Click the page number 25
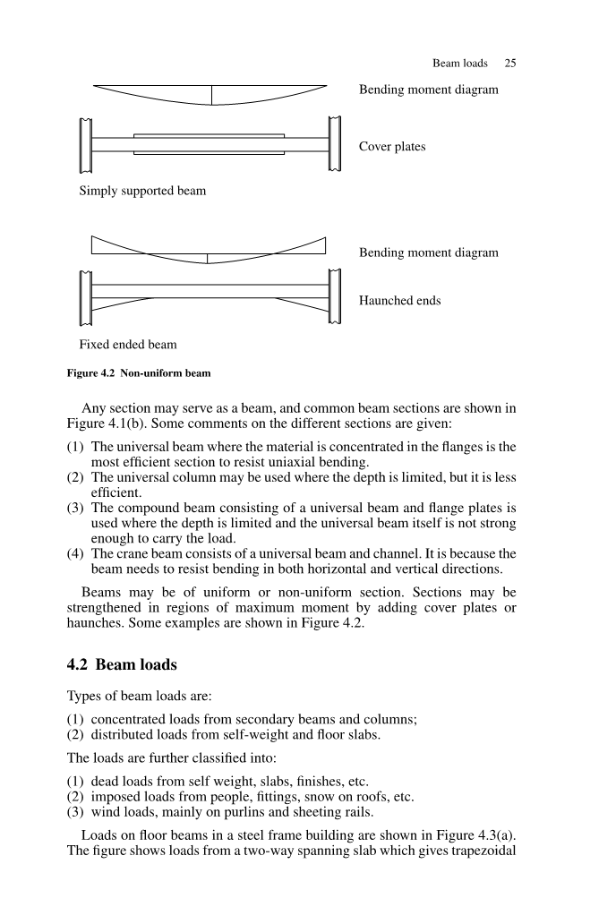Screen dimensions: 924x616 [510, 64]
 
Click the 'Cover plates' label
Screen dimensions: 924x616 [392, 147]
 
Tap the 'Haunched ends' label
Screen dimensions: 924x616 [399, 301]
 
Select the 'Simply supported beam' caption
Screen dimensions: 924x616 [142, 191]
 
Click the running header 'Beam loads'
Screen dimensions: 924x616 [459, 64]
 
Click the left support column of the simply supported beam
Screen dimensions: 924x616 [86, 144]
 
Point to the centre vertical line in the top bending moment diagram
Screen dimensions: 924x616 [212, 95]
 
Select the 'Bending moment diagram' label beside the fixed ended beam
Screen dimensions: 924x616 [428, 252]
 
